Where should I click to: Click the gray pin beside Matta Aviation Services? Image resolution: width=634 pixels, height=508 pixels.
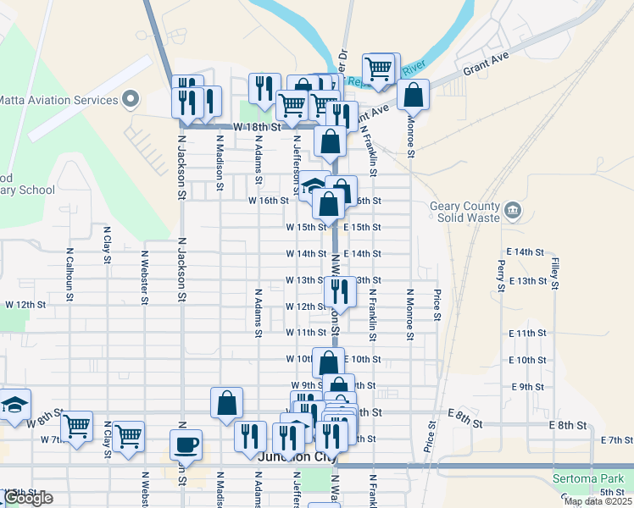click(x=131, y=100)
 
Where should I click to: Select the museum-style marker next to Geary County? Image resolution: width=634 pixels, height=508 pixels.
click(x=512, y=209)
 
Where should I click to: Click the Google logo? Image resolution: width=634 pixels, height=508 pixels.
click(x=27, y=498)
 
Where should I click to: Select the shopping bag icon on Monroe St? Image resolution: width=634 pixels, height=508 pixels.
click(x=413, y=95)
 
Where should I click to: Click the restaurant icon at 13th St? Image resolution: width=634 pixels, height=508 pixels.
click(x=338, y=290)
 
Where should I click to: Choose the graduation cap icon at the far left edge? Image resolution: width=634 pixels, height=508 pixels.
click(x=14, y=405)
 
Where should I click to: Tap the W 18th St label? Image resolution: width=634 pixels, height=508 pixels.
click(x=256, y=126)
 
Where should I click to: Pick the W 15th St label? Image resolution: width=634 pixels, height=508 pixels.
click(x=305, y=227)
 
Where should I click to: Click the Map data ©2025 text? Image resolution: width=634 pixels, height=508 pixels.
click(x=597, y=501)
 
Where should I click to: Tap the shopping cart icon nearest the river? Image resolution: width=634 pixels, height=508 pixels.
click(x=379, y=68)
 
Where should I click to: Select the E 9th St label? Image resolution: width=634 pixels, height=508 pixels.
click(x=528, y=386)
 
